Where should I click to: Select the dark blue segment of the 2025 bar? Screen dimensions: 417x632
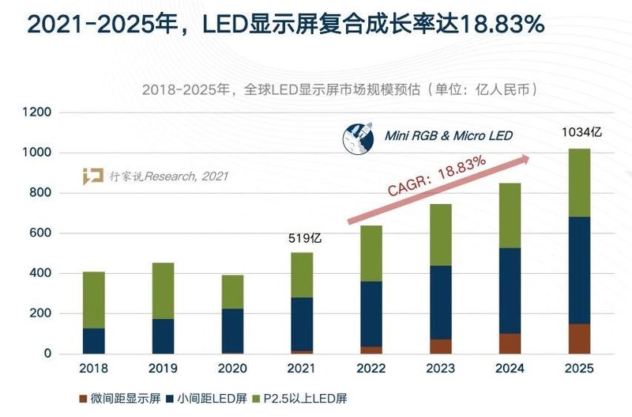580,270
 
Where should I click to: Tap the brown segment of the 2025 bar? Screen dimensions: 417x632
580,338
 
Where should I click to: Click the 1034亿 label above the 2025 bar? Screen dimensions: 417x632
580,132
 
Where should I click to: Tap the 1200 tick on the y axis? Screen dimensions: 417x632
37,113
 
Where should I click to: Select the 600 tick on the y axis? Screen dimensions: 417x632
40,233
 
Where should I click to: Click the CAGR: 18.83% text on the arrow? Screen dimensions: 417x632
436,176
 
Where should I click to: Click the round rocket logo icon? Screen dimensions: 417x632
359,137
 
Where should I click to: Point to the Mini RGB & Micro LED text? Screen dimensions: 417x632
448,136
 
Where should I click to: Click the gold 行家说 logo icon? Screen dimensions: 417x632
93,176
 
